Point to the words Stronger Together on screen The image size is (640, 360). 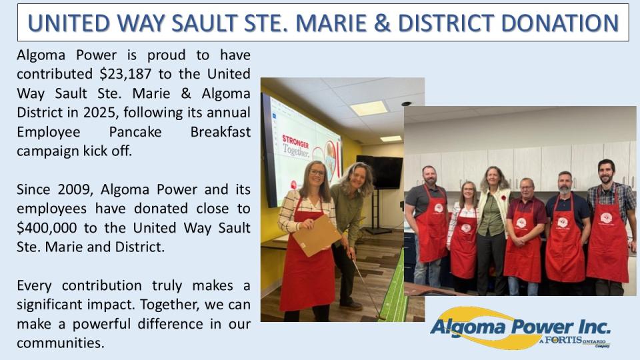pos(297,145)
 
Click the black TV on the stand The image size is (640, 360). pos(379,171)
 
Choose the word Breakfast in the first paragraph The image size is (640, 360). pos(221,131)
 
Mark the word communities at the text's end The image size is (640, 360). pos(61,344)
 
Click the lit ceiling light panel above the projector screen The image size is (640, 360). pos(369,108)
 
